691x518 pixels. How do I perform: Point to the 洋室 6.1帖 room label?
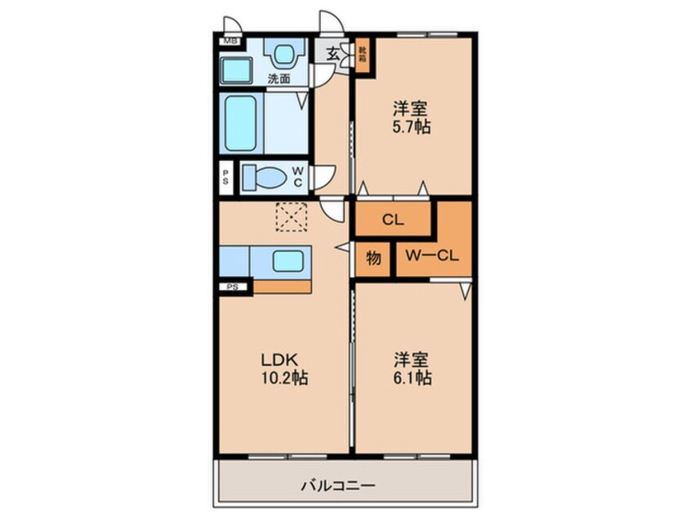pos(412,368)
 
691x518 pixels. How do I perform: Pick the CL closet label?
pos(393,219)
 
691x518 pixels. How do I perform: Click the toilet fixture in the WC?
pos(263,176)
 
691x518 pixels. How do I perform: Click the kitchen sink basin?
pos(287,261)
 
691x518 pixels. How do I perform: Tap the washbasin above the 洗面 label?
pos(282,56)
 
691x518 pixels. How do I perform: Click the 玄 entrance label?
pos(332,54)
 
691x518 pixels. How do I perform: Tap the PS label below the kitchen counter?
pos(233,287)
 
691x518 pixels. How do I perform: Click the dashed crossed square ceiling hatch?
pos(289,217)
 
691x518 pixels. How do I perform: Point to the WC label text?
pos(298,176)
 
